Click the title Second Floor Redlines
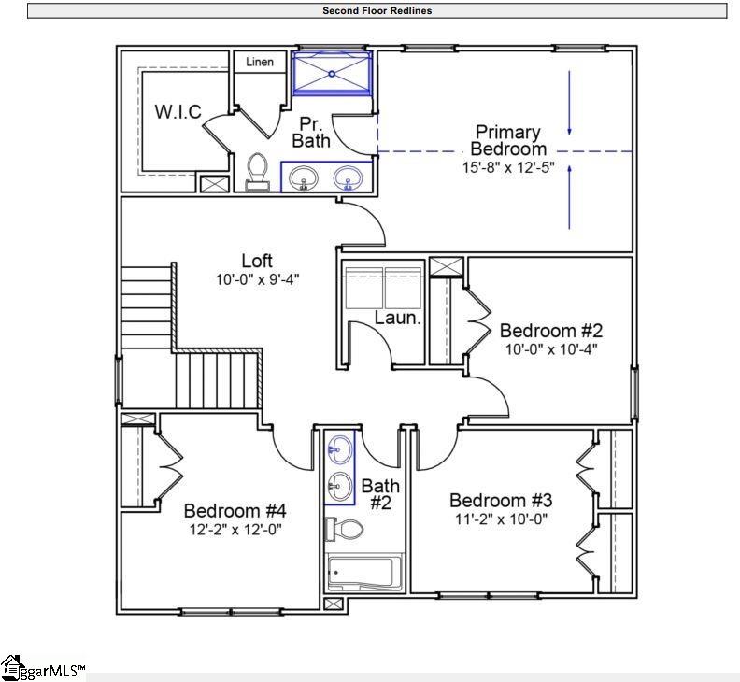point(377,11)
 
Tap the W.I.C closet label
point(178,112)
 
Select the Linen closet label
point(260,63)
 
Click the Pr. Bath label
point(311,133)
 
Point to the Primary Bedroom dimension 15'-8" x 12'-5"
point(508,168)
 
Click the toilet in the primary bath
point(257,172)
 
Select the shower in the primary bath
point(332,73)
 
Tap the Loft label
point(257,261)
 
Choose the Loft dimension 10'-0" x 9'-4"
point(257,278)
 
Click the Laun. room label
point(398,318)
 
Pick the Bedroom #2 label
point(551,331)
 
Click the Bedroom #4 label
point(235,511)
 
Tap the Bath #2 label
point(380,494)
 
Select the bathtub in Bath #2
point(363,572)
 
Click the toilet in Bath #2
point(346,530)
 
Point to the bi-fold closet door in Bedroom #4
point(170,463)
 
